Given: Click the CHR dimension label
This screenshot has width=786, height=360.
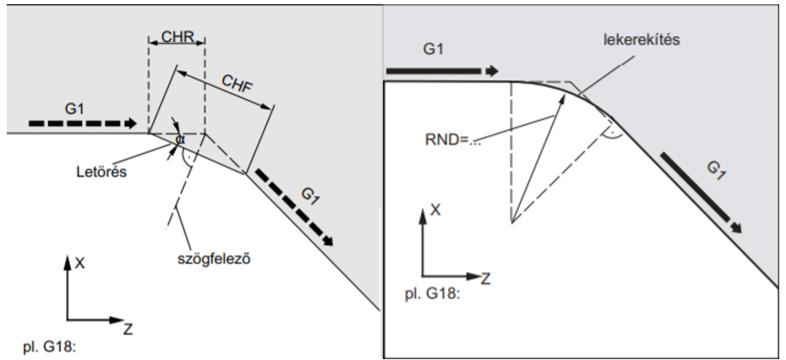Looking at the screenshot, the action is pyautogui.click(x=177, y=36).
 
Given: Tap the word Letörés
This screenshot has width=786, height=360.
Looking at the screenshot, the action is pyautogui.click(x=101, y=172).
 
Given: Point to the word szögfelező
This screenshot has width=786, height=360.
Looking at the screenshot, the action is pyautogui.click(x=214, y=259).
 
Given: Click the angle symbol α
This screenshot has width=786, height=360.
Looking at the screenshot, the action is pyautogui.click(x=180, y=139).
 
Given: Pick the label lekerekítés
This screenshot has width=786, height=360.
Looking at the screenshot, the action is pyautogui.click(x=641, y=40).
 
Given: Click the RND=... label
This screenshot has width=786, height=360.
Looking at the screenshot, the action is pyautogui.click(x=453, y=139).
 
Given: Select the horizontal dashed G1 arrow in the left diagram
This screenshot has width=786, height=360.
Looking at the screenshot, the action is pyautogui.click(x=83, y=123).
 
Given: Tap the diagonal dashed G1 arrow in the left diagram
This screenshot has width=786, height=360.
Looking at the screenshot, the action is pyautogui.click(x=295, y=207).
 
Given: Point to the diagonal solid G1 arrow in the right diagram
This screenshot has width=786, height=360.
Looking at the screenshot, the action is pyautogui.click(x=701, y=193).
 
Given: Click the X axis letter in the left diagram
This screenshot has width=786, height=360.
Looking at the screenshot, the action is pyautogui.click(x=79, y=263).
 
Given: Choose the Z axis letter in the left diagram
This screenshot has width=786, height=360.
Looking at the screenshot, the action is pyautogui.click(x=128, y=329).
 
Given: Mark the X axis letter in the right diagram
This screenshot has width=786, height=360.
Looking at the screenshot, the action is pyautogui.click(x=435, y=210).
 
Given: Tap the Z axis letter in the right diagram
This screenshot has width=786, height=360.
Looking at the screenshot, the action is pyautogui.click(x=485, y=278).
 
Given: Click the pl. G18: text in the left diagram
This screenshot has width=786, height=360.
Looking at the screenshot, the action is pyautogui.click(x=50, y=347).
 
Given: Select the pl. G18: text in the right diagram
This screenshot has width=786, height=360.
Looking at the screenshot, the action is pyautogui.click(x=432, y=294).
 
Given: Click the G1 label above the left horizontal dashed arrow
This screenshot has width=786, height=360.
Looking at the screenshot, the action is pyautogui.click(x=74, y=108).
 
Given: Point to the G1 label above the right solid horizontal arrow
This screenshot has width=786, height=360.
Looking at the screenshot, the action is pyautogui.click(x=434, y=49).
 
